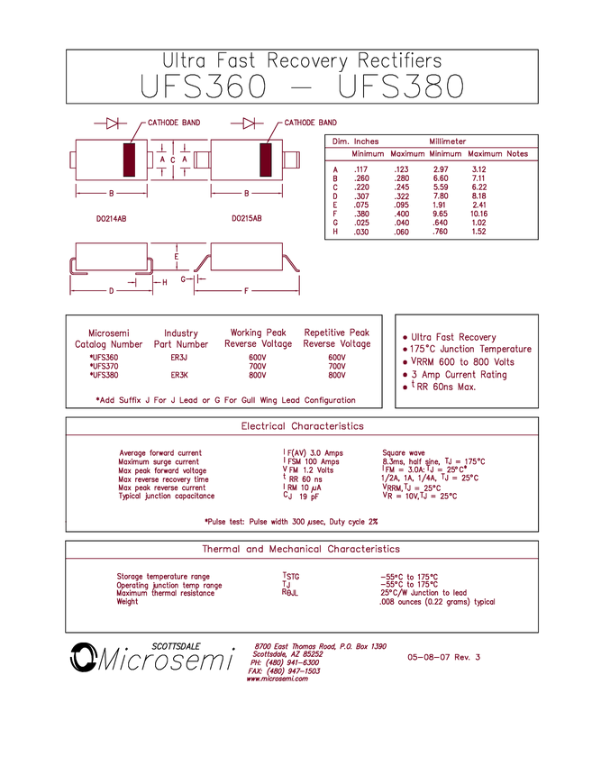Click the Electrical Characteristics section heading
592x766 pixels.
coord(302,426)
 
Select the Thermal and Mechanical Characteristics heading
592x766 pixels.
coord(300,549)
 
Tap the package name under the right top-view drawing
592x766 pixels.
coord(247,217)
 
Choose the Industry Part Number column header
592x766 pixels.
coord(181,338)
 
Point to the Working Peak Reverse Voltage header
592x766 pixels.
coord(259,338)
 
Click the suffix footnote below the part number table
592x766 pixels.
coord(225,399)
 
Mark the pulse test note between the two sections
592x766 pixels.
coord(291,521)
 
